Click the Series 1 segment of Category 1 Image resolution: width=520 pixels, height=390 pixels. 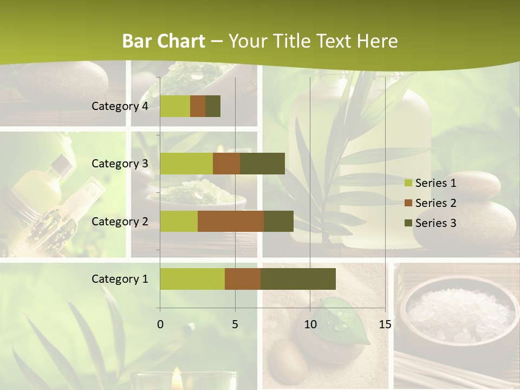(x=192, y=279)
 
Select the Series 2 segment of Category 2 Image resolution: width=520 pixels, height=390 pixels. (x=231, y=221)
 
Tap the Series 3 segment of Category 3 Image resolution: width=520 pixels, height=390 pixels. (x=263, y=164)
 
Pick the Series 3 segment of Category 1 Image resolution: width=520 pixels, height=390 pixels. (x=298, y=279)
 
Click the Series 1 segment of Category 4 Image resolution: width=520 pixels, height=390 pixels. (x=175, y=106)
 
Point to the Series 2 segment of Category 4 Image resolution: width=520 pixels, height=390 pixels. (x=198, y=106)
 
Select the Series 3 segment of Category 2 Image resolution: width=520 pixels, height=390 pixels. (x=278, y=221)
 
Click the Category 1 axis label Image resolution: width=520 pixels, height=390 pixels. (x=120, y=279)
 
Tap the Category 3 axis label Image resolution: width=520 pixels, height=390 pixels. (x=120, y=164)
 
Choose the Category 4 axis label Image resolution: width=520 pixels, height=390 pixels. (x=120, y=106)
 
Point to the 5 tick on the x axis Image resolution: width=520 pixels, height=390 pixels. (x=235, y=324)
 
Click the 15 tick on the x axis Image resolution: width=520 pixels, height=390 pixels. (x=385, y=324)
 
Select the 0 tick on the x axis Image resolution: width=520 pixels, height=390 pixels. (x=160, y=324)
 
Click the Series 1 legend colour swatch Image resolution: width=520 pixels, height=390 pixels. (x=408, y=183)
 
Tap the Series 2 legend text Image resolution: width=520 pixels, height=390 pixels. (x=435, y=203)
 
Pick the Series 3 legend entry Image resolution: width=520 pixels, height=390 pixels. (x=431, y=223)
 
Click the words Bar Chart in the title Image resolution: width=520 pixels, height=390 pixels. (x=164, y=41)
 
